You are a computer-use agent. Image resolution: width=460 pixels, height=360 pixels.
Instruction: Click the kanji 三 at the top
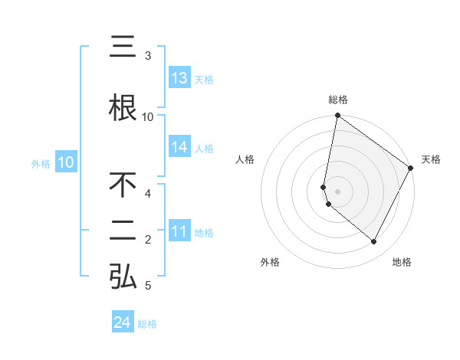pos(123,48)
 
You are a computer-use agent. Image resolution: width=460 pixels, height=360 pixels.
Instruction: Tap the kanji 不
pos(123,186)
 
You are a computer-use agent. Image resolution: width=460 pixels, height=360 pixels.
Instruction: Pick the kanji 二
pos(123,232)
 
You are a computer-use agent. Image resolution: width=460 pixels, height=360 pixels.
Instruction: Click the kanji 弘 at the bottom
pos(123,277)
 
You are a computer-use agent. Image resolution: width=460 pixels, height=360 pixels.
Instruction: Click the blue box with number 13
pos(179,78)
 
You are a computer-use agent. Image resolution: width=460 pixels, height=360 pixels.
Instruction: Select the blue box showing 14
pos(179,148)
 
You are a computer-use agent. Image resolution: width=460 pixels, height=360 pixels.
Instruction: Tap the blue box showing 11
pos(179,232)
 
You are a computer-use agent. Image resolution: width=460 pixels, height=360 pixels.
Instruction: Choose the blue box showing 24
pos(123,323)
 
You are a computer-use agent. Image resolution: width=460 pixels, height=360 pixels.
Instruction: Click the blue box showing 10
pos(66,162)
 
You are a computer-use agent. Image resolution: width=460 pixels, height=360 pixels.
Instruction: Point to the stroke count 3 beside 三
pos(148,56)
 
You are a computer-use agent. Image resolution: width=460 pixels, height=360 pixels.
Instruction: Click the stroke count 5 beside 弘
pos(148,286)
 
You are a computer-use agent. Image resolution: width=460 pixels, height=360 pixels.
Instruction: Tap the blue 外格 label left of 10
pos(41,163)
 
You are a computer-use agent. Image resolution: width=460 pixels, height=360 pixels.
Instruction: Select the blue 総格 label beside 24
pos(147,324)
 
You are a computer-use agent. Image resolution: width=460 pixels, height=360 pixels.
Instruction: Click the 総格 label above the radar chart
pos(338,100)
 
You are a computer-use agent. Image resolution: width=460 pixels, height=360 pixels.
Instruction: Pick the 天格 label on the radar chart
pos(431,159)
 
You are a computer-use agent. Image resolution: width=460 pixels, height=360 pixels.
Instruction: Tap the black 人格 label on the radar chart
pos(245,159)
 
